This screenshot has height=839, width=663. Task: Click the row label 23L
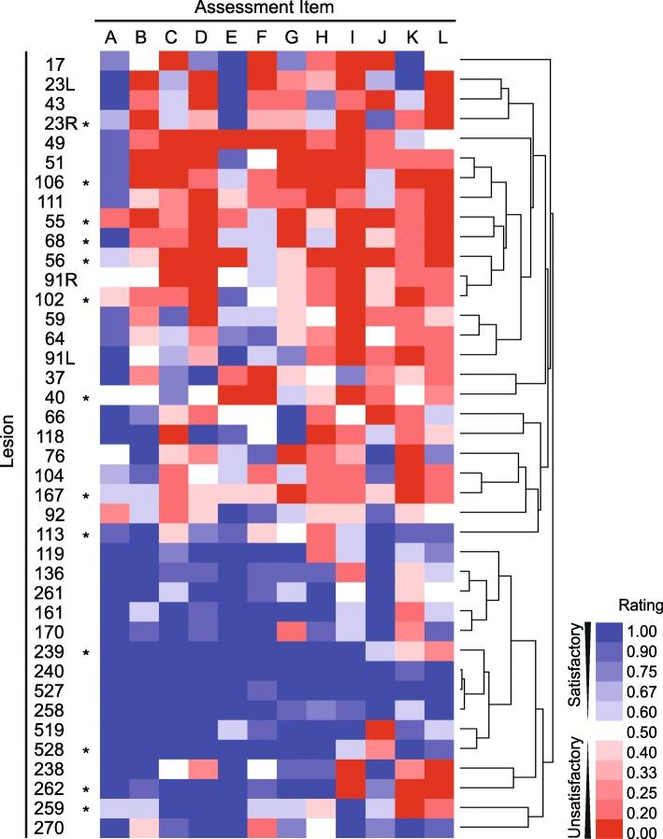60,82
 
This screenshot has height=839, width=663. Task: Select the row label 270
60,828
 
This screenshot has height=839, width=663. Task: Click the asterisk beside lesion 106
86,181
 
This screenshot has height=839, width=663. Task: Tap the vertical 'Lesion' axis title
9,445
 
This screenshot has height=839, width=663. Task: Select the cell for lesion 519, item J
380,730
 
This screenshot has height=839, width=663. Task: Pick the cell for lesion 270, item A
112,828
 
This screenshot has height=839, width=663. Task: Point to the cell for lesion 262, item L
440,789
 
